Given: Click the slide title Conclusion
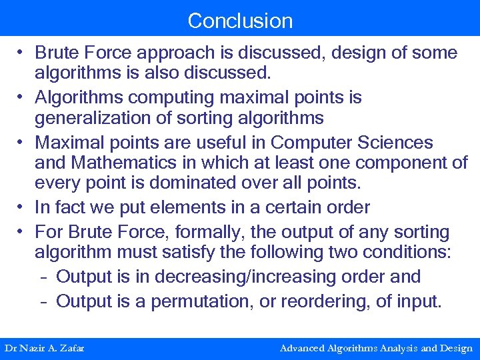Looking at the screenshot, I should (x=240, y=21).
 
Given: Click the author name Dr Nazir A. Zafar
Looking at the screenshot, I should (x=44, y=348).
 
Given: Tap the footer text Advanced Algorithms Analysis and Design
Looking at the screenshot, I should (x=376, y=348).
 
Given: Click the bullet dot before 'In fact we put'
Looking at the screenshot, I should (x=22, y=207).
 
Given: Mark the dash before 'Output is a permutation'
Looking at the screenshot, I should (x=43, y=301).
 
